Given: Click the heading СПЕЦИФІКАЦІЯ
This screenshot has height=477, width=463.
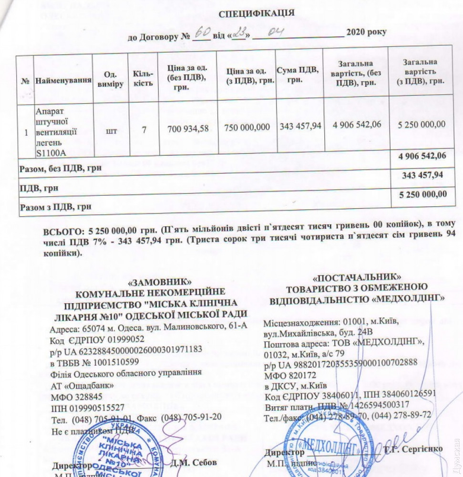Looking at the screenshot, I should (257, 13).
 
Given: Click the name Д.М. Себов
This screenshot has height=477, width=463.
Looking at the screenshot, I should (193, 462).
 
